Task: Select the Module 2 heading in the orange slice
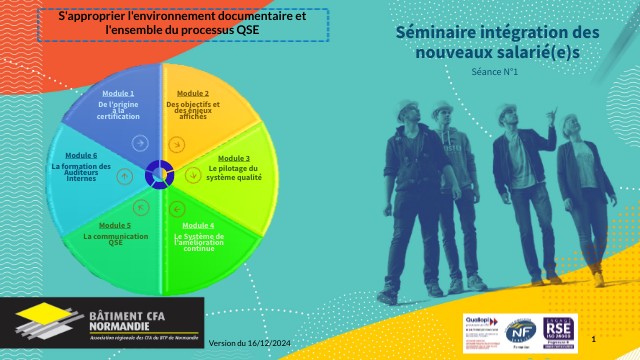coord(193,93)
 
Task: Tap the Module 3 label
coord(234,158)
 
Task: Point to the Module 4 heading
coord(198,225)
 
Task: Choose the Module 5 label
coord(115,226)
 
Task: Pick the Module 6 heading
coord(81,156)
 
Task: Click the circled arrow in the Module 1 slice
coord(140,143)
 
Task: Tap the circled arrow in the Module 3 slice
coord(193,176)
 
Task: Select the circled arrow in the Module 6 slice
coord(124,176)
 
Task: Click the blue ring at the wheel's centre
coord(158,174)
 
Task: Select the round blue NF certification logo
coord(520,330)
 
